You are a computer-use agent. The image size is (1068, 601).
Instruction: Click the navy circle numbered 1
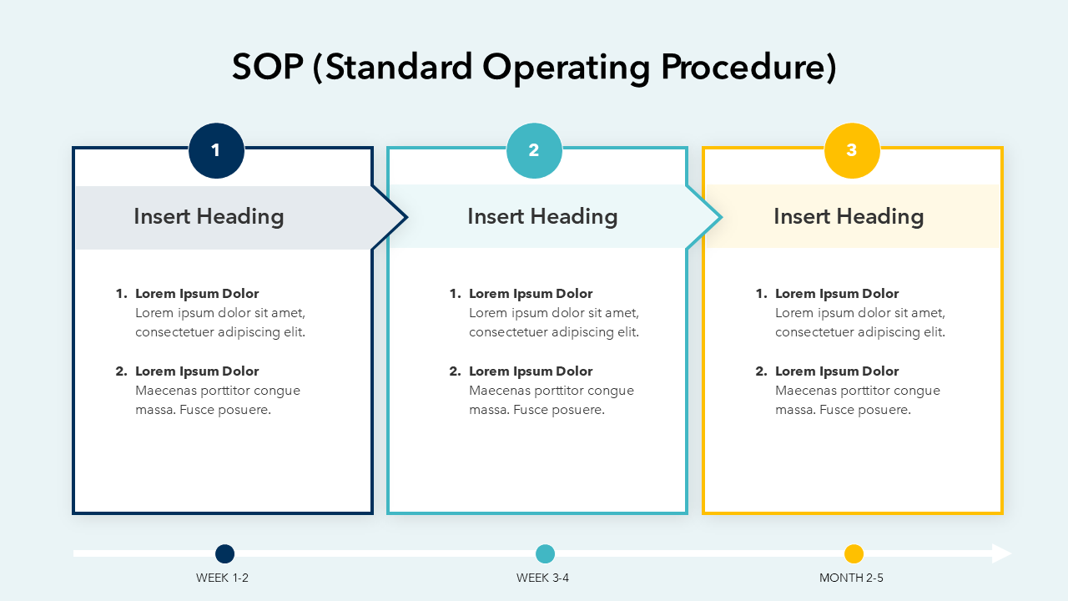216,151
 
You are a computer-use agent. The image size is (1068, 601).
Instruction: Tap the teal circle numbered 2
534,151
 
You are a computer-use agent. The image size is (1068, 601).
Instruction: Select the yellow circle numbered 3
852,151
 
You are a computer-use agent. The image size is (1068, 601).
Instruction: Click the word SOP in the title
268,67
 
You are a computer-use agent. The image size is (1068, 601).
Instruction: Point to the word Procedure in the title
748,68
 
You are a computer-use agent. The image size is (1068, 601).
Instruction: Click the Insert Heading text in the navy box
209,216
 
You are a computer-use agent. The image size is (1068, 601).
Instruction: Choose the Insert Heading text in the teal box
542,216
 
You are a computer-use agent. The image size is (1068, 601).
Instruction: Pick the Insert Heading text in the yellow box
849,216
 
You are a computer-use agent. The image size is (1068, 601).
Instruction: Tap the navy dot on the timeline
225,553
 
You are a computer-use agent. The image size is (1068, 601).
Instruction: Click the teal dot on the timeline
546,553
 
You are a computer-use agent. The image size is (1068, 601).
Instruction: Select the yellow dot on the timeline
854,553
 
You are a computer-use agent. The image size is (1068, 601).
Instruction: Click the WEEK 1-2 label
222,578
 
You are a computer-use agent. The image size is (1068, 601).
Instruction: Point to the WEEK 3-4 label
542,578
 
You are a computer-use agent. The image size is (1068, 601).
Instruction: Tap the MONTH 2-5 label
851,578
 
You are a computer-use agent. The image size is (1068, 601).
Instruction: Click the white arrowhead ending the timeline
1002,553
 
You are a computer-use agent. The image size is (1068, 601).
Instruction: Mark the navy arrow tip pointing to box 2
406,218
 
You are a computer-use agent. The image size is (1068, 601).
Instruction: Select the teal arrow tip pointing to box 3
722,218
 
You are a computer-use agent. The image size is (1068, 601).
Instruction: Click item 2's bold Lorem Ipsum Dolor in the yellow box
837,371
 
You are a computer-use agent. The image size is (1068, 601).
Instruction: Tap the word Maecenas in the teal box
500,391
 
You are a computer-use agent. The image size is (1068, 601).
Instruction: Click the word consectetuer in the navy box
174,332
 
